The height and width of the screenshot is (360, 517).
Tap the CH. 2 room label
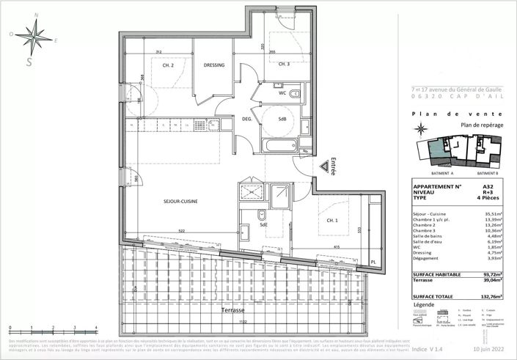[168, 65]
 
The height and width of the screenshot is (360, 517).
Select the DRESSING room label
[213, 65]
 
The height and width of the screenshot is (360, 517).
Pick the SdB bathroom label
[282, 119]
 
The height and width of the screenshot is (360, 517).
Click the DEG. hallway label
[247, 119]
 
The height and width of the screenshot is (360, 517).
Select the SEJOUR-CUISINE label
[180, 200]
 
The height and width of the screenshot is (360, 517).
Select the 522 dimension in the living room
[180, 232]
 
